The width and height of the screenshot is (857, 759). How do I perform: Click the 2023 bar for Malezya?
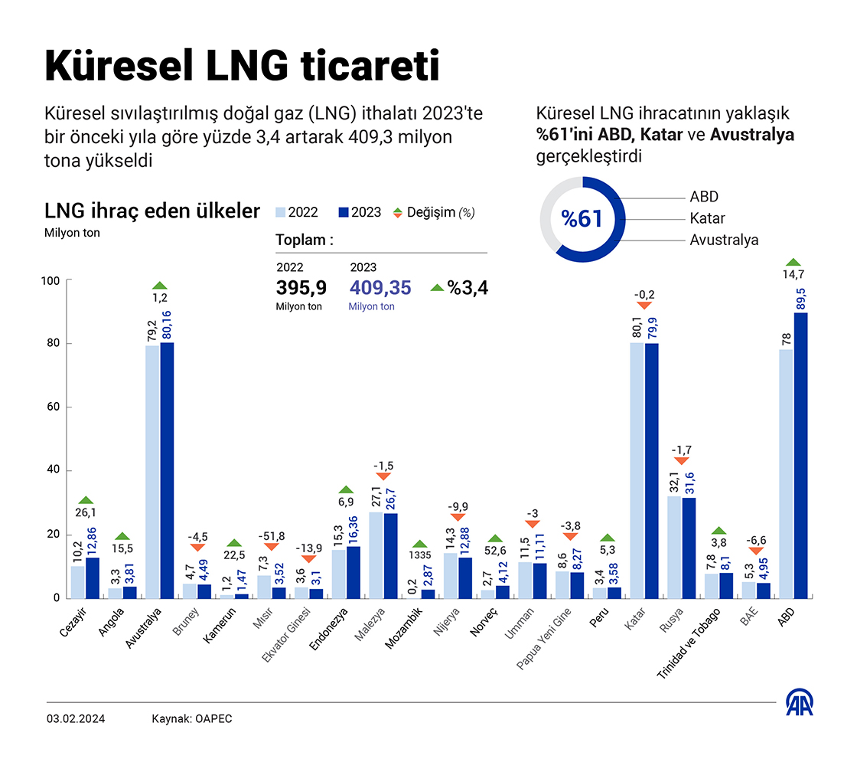[391, 555]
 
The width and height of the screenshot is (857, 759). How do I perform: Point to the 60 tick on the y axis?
[52, 407]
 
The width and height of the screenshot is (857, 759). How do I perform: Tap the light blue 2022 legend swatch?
[280, 212]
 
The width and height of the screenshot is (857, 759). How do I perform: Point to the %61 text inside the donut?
[582, 219]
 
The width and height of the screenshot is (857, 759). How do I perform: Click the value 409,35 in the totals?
[380, 288]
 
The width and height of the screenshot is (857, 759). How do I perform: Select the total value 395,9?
[301, 288]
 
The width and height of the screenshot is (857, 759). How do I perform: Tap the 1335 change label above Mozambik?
[419, 555]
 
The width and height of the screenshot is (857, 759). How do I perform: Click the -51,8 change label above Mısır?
[271, 536]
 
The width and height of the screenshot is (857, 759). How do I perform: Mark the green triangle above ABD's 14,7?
[793, 262]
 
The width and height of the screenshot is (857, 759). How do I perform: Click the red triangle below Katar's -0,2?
[644, 306]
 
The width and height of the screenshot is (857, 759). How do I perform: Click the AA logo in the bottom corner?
[800, 702]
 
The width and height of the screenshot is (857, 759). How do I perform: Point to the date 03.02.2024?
[76, 718]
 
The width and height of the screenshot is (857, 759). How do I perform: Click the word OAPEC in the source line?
[214, 718]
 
